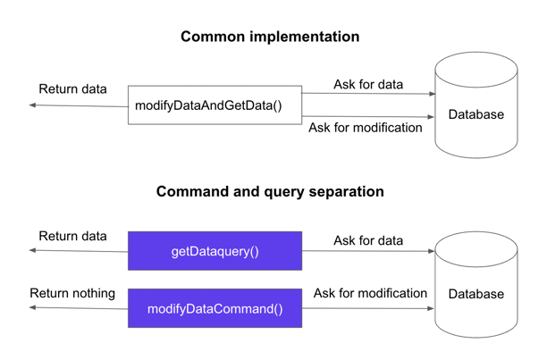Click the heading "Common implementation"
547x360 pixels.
(x=270, y=38)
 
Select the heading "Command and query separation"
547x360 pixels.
(x=270, y=192)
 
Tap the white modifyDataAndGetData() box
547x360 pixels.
(x=215, y=105)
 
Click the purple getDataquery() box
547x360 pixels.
(x=215, y=251)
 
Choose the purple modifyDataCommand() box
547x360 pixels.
(x=215, y=309)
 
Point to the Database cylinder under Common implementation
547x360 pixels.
(x=475, y=107)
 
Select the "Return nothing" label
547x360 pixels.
(x=72, y=293)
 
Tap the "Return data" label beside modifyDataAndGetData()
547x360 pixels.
(x=72, y=89)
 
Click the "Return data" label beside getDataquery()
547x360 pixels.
(x=72, y=237)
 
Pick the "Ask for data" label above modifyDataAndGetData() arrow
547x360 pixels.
(x=368, y=85)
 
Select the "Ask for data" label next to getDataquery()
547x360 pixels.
(x=368, y=240)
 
